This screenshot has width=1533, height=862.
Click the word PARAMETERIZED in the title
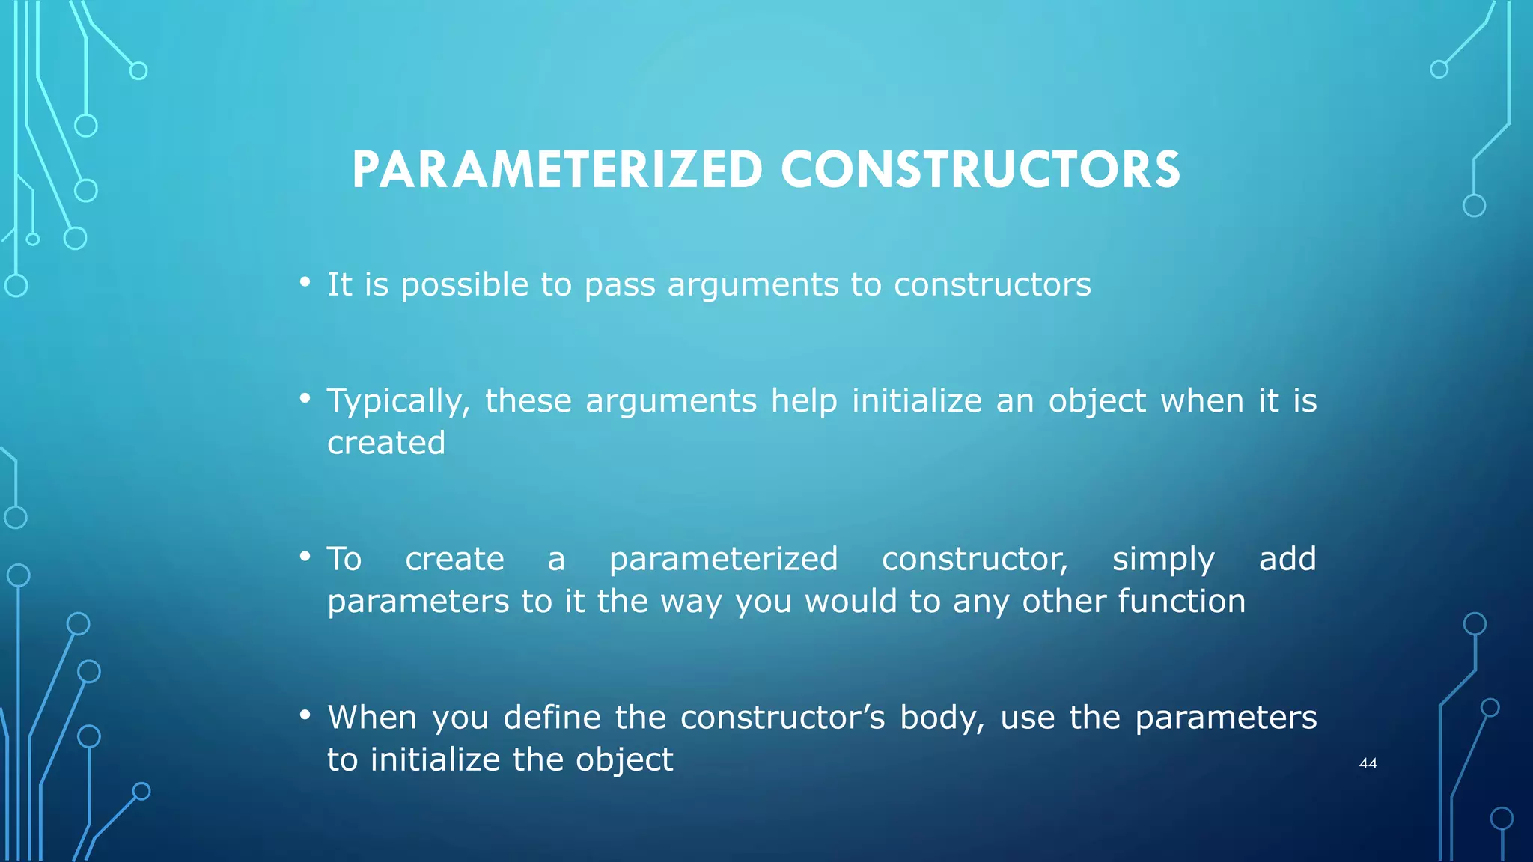(x=557, y=170)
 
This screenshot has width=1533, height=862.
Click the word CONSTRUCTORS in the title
(x=981, y=170)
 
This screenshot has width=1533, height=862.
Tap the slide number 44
(x=1368, y=763)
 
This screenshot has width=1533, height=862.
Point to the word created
(x=386, y=443)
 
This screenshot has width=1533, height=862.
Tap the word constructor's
(x=782, y=718)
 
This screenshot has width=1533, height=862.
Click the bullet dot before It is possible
(x=305, y=282)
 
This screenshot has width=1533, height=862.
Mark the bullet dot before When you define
(x=305, y=715)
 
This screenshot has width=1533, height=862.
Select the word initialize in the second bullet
(x=916, y=401)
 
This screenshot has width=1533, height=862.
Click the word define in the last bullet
(x=552, y=718)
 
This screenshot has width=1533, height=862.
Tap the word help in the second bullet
(x=804, y=402)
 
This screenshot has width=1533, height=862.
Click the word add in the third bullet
(x=1287, y=560)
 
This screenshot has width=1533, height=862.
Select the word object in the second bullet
(x=1097, y=402)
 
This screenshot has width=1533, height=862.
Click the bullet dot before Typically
(x=305, y=399)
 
